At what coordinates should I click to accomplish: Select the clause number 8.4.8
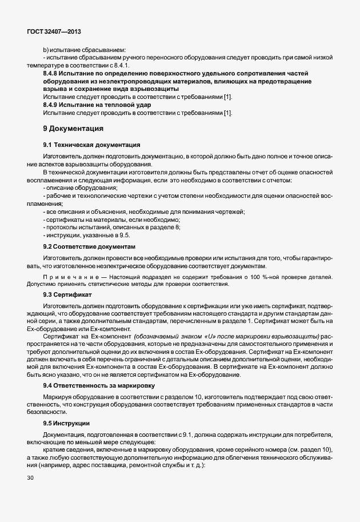52,74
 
